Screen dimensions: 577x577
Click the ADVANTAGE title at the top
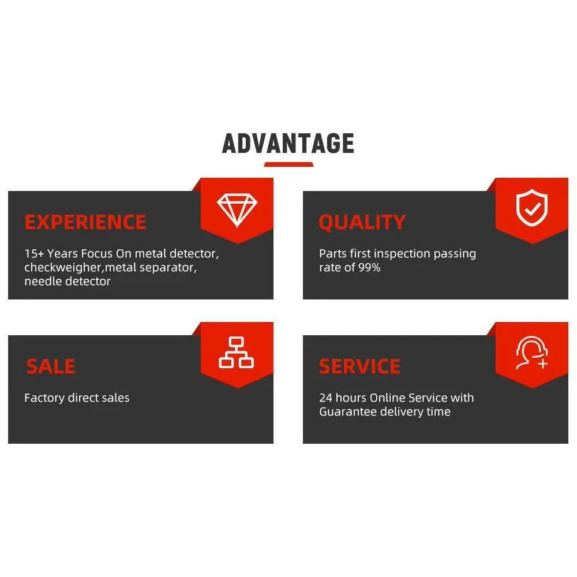coord(288,144)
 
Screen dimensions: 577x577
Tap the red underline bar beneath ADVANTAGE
coord(289,164)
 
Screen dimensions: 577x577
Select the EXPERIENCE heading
coord(85,222)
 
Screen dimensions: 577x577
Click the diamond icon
coord(237,209)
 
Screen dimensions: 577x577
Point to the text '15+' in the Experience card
coord(34,253)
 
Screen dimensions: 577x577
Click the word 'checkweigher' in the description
coord(65,268)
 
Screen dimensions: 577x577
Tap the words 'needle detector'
coord(68,282)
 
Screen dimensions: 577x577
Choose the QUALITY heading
coord(362,222)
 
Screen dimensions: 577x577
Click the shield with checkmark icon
coord(532,208)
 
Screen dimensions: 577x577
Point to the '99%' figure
coord(369,268)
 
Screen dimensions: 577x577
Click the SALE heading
coord(51,366)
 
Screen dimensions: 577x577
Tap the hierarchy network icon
coord(236,353)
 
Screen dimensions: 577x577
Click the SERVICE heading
coord(359,366)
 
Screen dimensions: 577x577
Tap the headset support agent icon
coord(532,353)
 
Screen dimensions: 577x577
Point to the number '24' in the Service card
coord(325,398)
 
